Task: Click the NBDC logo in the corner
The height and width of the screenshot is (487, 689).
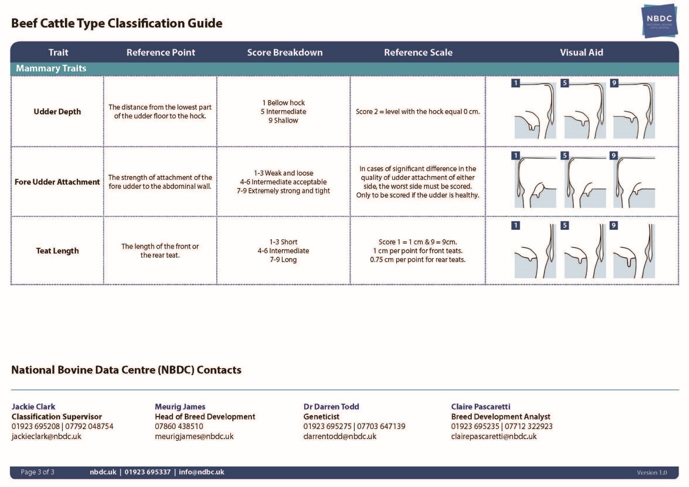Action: pyautogui.click(x=659, y=21)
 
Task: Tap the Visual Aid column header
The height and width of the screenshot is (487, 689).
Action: pyautogui.click(x=581, y=52)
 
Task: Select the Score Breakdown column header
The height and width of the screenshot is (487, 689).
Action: pyautogui.click(x=285, y=52)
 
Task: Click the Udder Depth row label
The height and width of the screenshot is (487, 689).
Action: pyautogui.click(x=57, y=111)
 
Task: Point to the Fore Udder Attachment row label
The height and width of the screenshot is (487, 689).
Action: pyautogui.click(x=57, y=182)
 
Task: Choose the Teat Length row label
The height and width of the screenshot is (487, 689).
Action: pyautogui.click(x=57, y=251)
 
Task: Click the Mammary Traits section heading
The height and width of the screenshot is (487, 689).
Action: pyautogui.click(x=51, y=68)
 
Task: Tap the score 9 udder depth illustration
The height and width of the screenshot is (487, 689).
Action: pyautogui.click(x=634, y=110)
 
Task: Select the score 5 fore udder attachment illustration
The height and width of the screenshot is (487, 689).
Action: pyautogui.click(x=585, y=181)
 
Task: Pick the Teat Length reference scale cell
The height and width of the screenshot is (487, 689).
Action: pyautogui.click(x=418, y=251)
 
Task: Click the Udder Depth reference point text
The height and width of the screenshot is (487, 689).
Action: pyautogui.click(x=160, y=111)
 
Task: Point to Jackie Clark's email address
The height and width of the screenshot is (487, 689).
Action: pyautogui.click(x=46, y=436)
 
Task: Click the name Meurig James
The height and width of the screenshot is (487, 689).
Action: pyautogui.click(x=180, y=407)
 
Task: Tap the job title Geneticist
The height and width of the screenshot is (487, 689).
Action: pyautogui.click(x=321, y=417)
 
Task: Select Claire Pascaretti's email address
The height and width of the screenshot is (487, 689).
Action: pyautogui.click(x=494, y=436)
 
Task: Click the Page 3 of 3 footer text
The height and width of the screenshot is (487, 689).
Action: pyautogui.click(x=37, y=472)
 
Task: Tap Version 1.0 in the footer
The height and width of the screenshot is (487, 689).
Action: pyautogui.click(x=652, y=473)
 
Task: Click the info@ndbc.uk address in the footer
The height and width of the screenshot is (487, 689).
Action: pyautogui.click(x=201, y=472)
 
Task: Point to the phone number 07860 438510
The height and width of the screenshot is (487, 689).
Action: pyautogui.click(x=179, y=427)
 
